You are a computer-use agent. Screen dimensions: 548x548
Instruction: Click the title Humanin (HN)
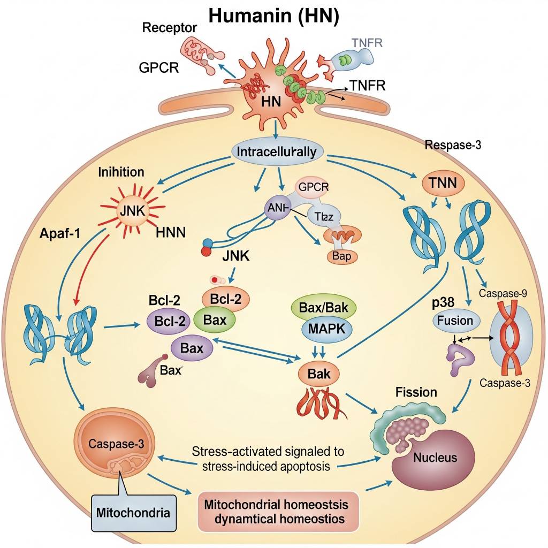pyautogui.click(x=273, y=16)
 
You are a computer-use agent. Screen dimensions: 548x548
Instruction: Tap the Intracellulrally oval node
pyautogui.click(x=276, y=151)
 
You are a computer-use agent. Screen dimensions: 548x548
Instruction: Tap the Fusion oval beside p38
pyautogui.click(x=454, y=321)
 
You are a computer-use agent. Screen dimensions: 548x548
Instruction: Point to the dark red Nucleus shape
pyautogui.click(x=434, y=458)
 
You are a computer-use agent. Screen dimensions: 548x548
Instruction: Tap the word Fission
pyautogui.click(x=416, y=392)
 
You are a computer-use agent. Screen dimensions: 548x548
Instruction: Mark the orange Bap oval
pyautogui.click(x=341, y=256)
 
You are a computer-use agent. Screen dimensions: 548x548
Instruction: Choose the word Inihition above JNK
pyautogui.click(x=121, y=172)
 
